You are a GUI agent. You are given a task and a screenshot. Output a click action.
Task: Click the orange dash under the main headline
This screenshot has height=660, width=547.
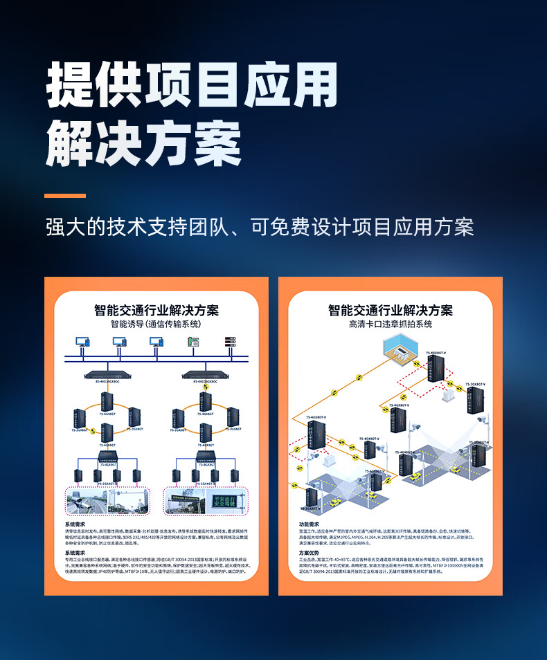66,196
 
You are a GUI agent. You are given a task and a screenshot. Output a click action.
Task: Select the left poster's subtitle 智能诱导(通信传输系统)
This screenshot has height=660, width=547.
156,324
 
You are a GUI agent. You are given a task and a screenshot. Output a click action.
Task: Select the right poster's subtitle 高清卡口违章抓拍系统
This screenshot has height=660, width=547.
390,324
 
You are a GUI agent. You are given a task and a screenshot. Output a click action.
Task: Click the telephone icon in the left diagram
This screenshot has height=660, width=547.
192,342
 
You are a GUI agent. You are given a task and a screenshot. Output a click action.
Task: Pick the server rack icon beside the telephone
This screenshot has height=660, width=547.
229,342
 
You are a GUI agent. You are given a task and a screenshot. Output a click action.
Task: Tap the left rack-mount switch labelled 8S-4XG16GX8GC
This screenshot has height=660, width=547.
107,376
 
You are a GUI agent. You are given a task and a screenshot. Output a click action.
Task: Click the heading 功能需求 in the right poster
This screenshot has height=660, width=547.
309,525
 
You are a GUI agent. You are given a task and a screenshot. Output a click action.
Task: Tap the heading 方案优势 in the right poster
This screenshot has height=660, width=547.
309,553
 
